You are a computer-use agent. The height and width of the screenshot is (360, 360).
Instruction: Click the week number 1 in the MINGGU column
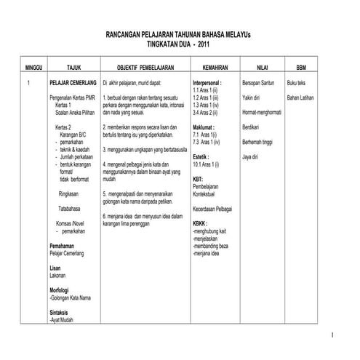(27, 84)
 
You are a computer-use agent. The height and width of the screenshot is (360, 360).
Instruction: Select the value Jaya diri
(252, 156)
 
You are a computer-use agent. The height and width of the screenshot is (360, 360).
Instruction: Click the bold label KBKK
(201, 224)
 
